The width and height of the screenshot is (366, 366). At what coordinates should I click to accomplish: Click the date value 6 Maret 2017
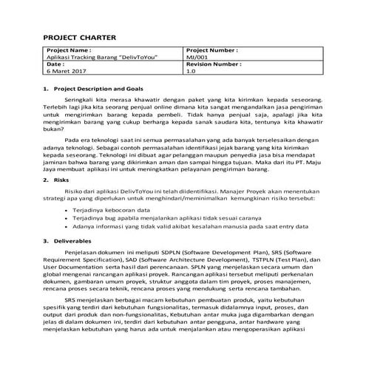pyautogui.click(x=65, y=72)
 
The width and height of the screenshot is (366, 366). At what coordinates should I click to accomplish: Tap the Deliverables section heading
pyautogui.click(x=69, y=241)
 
